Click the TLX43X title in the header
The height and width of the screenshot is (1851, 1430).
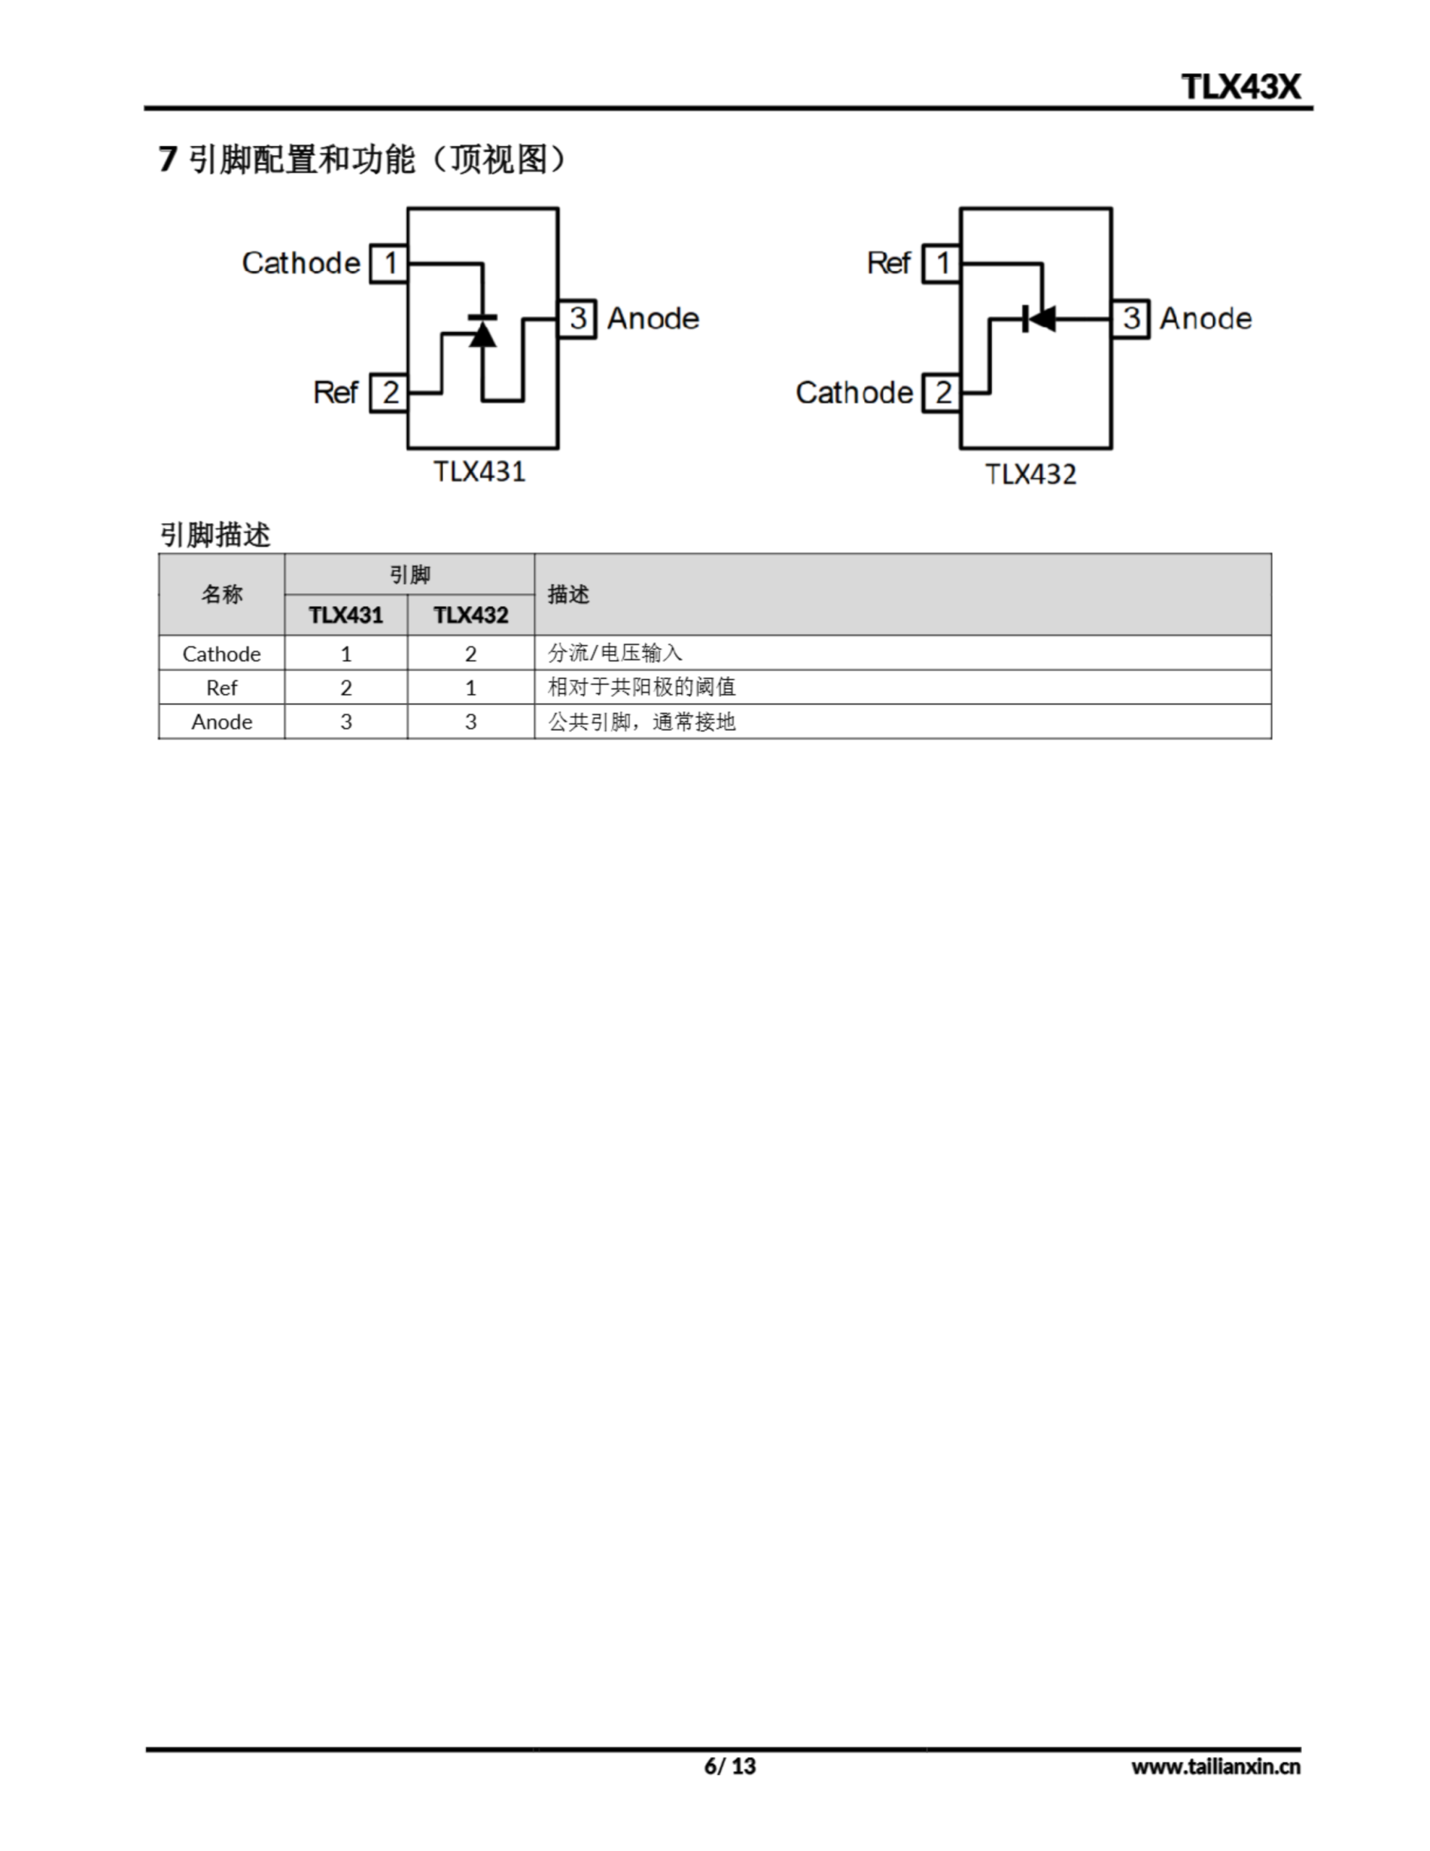(x=1240, y=87)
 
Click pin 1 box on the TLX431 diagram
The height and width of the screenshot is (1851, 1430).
(x=389, y=264)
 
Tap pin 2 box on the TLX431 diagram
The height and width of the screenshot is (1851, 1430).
(x=389, y=393)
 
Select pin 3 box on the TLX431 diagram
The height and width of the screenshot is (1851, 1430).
(x=577, y=319)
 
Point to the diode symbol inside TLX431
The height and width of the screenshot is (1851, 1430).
(x=482, y=330)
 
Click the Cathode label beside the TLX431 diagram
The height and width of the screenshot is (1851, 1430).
(x=301, y=264)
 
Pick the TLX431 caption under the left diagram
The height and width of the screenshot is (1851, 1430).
(x=480, y=471)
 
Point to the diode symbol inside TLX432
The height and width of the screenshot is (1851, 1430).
(x=1039, y=319)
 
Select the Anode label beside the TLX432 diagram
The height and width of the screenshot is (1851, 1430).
(x=1205, y=319)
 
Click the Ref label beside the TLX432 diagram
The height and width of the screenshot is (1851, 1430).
(x=889, y=264)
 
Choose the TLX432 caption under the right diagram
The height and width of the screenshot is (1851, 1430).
(x=1031, y=474)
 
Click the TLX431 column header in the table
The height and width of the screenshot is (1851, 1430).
(x=346, y=615)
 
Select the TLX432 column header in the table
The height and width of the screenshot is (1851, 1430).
(x=471, y=615)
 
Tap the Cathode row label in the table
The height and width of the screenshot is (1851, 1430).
(x=221, y=654)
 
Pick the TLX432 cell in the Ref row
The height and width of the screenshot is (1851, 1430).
(x=471, y=688)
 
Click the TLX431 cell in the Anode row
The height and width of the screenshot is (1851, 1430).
(x=346, y=722)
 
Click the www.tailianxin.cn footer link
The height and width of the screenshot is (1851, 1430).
(x=1215, y=1767)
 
